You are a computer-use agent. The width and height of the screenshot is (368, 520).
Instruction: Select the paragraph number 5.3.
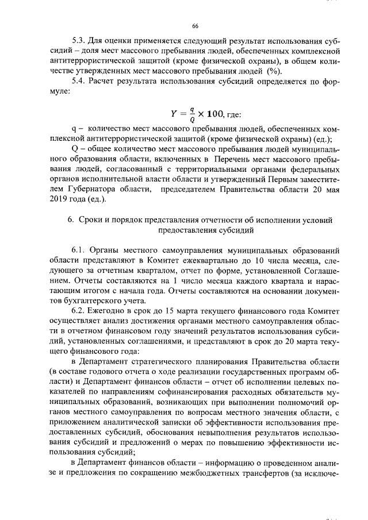click(79, 42)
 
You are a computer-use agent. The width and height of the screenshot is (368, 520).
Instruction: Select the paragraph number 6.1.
click(79, 250)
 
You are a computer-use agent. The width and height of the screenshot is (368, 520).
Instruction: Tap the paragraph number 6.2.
click(79, 310)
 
